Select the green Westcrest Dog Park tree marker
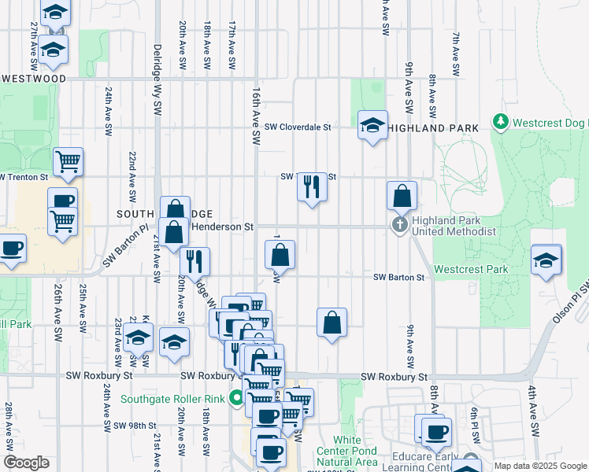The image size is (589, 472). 500,121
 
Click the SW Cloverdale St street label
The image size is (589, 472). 297,127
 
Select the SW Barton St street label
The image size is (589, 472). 398,277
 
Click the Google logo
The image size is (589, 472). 26,463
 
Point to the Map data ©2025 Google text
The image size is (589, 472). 539,466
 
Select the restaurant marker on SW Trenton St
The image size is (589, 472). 312,187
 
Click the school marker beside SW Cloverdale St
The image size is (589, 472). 372,125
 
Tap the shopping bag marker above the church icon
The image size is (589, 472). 402,196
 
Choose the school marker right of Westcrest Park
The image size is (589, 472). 546,260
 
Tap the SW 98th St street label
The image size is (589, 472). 132,426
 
